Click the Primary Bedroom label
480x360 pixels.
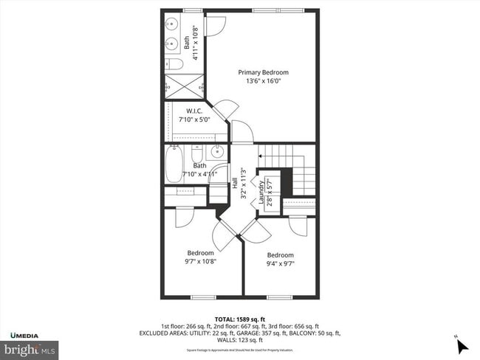point(263,72)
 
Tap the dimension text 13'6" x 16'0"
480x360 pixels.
point(263,81)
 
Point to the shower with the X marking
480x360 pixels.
point(184,86)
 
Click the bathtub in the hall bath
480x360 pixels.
point(173,163)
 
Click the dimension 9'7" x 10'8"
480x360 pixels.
point(200,260)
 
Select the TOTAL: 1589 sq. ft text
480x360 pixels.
point(239,319)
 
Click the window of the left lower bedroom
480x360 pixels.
point(201,297)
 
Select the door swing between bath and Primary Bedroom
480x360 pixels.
point(215,26)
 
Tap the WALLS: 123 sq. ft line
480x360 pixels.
point(240,340)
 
